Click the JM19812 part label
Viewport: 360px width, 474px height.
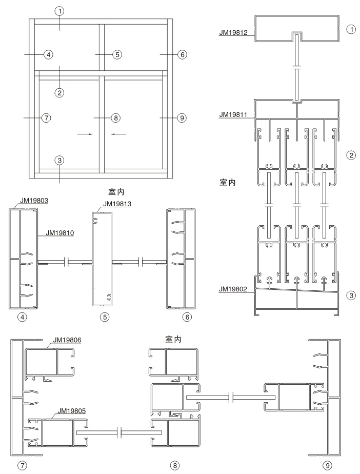click(x=233, y=32)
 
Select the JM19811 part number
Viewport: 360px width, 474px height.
click(x=233, y=114)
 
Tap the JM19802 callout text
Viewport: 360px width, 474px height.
click(x=233, y=289)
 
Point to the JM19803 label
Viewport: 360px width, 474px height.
click(x=34, y=200)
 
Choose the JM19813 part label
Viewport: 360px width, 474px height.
click(x=117, y=204)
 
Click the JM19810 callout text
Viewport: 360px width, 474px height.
click(x=60, y=233)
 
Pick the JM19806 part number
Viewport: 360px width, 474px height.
click(x=67, y=340)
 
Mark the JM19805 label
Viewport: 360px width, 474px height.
click(x=72, y=411)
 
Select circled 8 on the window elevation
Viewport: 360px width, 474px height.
click(x=116, y=117)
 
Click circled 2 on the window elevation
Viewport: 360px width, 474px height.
click(x=59, y=92)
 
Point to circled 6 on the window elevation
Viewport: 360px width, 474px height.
click(x=182, y=55)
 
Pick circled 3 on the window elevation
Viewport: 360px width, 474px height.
click(x=59, y=160)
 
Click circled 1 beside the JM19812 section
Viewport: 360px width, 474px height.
click(x=351, y=29)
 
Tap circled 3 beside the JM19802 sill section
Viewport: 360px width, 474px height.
click(x=351, y=295)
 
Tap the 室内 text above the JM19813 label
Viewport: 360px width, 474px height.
click(x=116, y=192)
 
